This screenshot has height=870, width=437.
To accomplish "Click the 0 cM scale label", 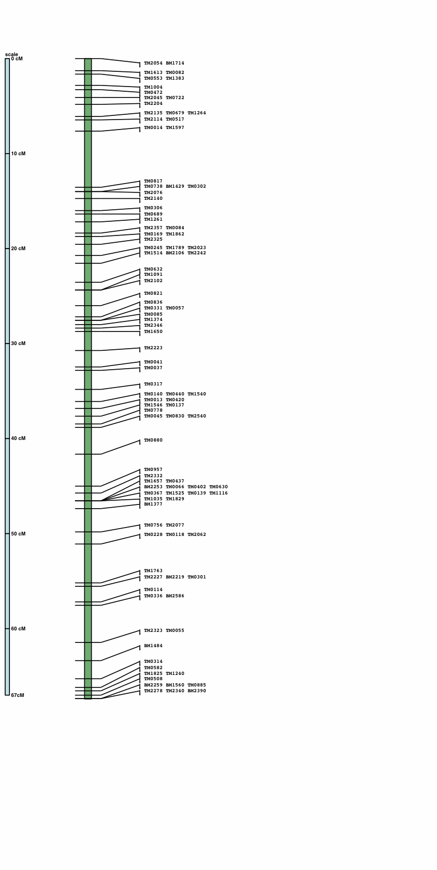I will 17,59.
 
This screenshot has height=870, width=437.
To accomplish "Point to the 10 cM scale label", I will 18,154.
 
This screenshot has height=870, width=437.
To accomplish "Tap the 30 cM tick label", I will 18,343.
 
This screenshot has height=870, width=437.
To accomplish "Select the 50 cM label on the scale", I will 18,534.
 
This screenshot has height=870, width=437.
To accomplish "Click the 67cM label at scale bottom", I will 17,695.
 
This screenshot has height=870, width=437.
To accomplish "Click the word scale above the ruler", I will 12,55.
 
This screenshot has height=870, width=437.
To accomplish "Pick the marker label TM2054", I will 153,63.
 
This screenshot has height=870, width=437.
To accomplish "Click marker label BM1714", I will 175,63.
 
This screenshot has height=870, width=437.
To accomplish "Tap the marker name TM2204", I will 153,104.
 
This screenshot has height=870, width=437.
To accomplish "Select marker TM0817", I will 153,181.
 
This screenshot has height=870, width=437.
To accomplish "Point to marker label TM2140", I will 153,199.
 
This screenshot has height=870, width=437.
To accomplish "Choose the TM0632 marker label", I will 153,270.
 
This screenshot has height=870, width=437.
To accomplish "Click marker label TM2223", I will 153,348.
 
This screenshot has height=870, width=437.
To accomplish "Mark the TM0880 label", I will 153,441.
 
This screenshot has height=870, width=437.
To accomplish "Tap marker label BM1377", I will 153,504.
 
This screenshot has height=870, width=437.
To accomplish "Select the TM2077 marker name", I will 175,525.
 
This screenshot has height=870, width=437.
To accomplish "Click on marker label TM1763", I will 153,571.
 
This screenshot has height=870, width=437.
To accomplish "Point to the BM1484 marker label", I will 153,646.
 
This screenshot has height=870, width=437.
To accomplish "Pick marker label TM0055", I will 175,631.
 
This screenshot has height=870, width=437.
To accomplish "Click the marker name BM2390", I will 196,691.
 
